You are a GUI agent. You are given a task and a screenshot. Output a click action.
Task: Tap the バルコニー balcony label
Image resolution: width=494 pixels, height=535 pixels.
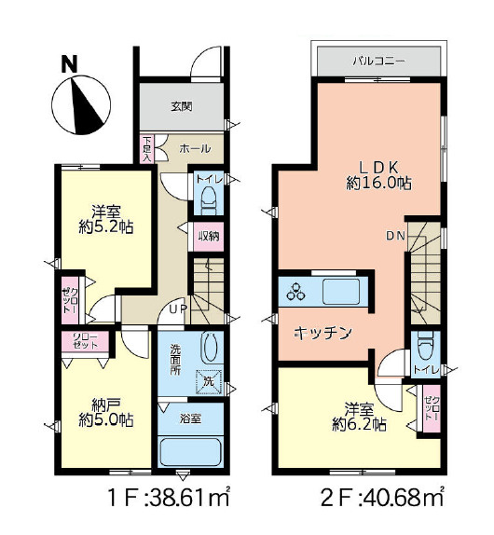click(377, 62)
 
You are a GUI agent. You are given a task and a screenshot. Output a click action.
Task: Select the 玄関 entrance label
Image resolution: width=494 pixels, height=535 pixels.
click(181, 106)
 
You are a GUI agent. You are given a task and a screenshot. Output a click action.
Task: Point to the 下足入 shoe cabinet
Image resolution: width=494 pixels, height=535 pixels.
click(147, 150)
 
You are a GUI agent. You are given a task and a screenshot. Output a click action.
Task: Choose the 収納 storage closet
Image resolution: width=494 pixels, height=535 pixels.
click(209, 236)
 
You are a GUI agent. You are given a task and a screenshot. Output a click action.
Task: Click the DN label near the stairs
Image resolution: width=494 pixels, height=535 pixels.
click(395, 236)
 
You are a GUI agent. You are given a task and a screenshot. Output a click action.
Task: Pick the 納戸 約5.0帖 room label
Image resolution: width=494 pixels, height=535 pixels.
click(104, 412)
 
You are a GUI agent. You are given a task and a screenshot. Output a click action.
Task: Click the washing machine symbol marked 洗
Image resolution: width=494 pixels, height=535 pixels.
click(208, 379)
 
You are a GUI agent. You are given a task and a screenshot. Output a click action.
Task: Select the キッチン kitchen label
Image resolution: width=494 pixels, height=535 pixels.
click(322, 333)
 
